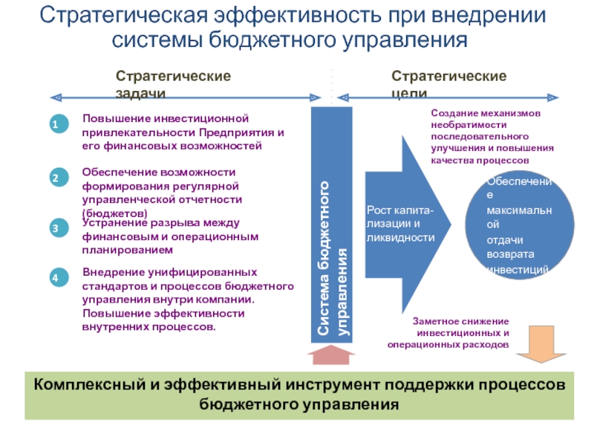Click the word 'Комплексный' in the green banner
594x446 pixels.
click(79, 385)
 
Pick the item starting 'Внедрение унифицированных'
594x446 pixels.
click(188, 299)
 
